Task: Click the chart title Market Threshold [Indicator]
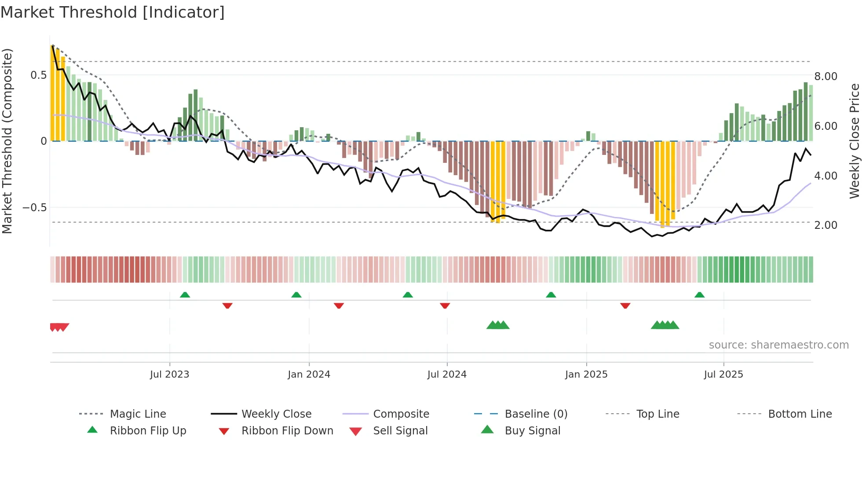click(x=113, y=12)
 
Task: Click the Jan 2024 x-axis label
click(x=309, y=375)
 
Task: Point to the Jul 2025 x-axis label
click(x=723, y=375)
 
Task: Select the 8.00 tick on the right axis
click(x=825, y=77)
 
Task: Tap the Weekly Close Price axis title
click(x=854, y=141)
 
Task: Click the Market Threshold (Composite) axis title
click(x=7, y=141)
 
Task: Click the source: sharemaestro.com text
click(x=778, y=345)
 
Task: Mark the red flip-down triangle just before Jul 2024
click(x=445, y=305)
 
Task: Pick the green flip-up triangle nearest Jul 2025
click(x=699, y=295)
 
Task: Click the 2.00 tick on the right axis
click(x=825, y=225)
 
